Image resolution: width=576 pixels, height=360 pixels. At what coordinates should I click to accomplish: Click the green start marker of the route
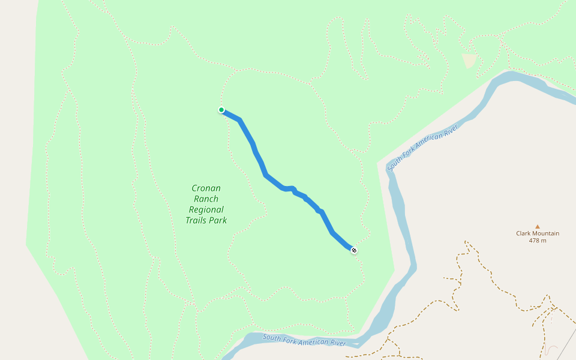221,110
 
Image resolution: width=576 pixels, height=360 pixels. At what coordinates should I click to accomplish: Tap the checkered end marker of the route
354,250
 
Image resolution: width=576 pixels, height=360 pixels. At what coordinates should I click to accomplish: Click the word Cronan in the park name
206,188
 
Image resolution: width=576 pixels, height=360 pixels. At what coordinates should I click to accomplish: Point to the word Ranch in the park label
206,199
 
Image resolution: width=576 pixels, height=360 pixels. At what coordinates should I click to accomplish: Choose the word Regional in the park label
206,209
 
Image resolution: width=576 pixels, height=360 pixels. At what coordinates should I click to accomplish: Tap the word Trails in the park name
197,220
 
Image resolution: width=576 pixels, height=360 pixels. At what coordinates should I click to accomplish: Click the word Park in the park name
218,220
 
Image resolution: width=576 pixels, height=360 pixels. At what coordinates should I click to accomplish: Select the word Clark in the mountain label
524,233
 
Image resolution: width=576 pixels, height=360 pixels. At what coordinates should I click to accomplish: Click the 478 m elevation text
538,241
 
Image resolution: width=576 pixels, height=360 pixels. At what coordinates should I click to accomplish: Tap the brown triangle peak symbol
538,226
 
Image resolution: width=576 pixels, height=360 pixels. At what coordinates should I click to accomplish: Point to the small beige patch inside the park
469,60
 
